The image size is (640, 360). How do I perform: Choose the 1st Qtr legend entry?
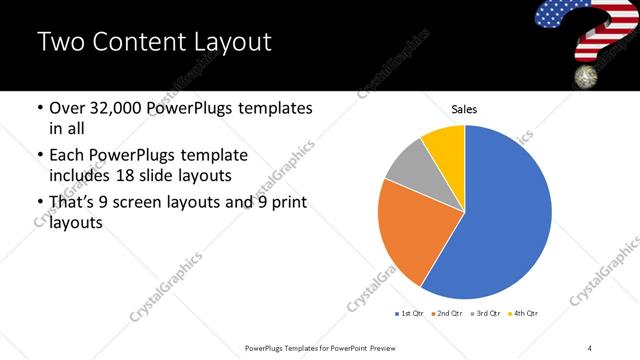point(411,314)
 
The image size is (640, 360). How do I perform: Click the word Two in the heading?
point(60,43)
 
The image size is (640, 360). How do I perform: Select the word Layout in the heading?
point(235,43)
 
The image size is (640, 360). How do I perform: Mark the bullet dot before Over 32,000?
point(39,108)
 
